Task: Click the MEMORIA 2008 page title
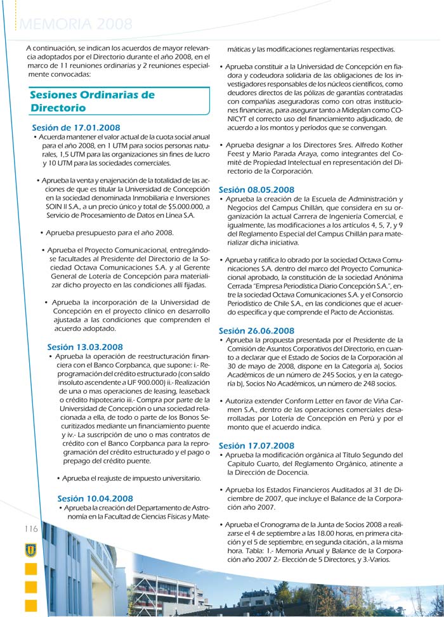point(76,24)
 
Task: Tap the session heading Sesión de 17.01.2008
point(75,128)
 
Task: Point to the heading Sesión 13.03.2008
point(85,347)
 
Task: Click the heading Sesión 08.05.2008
point(256,190)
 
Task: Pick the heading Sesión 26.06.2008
point(256,330)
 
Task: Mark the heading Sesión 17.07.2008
point(256,446)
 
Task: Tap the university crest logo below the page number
point(30,550)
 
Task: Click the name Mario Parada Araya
point(282,153)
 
